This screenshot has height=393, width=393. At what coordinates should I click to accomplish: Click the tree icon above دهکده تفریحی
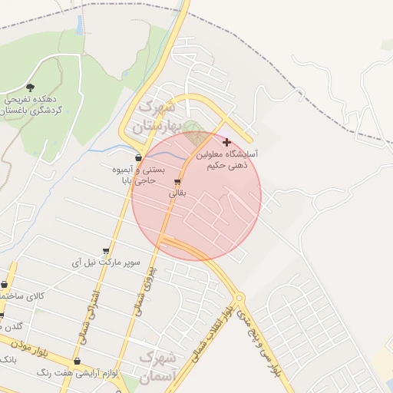tap(30, 88)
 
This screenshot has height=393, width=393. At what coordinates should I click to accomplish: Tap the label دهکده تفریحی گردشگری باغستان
tap(31, 104)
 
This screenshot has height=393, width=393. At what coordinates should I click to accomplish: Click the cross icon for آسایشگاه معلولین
tap(226, 142)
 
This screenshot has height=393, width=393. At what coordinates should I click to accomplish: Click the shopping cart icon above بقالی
tap(178, 183)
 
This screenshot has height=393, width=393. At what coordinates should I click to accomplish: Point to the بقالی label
tap(177, 194)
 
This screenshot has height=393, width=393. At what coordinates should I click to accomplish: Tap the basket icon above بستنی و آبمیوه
tap(138, 157)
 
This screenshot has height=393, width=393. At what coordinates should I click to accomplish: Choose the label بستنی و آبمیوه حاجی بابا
tap(134, 173)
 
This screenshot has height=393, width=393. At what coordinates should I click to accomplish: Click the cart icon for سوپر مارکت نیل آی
tap(106, 250)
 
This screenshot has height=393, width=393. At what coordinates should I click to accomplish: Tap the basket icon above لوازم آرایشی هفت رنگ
tap(77, 362)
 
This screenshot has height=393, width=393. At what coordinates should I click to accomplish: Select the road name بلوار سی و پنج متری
tap(256, 338)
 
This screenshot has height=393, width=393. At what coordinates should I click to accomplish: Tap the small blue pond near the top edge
tap(78, 25)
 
